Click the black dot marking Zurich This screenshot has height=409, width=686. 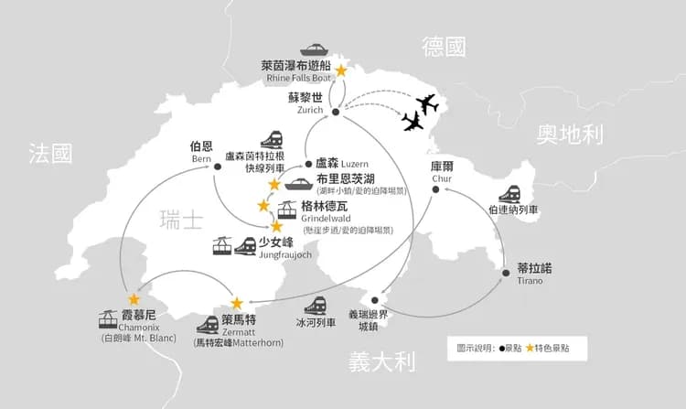[x=336, y=112]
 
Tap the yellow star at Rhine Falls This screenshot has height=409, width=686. [x=341, y=70]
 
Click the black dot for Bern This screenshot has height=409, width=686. [x=218, y=167]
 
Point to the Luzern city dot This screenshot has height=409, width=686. [x=308, y=164]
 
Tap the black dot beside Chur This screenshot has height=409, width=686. [x=435, y=189]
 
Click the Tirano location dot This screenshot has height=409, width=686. [x=506, y=273]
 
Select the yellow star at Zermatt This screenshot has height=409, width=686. [x=237, y=303]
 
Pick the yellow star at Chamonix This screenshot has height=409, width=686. [x=134, y=299]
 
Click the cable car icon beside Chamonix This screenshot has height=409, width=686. [x=108, y=319]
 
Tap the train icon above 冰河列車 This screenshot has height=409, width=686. [x=316, y=306]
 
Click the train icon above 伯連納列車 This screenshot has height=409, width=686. [x=509, y=194]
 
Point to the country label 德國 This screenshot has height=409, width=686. [x=444, y=47]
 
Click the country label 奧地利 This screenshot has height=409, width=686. [x=570, y=135]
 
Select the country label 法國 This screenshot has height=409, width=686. [x=50, y=153]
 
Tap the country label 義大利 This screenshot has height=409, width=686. [x=382, y=362]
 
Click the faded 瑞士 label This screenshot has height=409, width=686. [x=181, y=220]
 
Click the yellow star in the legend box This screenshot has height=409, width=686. [x=530, y=349]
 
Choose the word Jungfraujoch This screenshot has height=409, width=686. [x=285, y=254]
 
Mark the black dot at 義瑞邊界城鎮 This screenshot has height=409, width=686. [x=374, y=300]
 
